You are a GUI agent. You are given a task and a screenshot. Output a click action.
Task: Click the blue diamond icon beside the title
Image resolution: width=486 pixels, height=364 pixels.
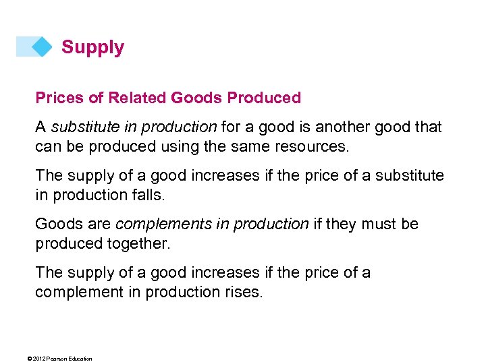pyautogui.click(x=43, y=47)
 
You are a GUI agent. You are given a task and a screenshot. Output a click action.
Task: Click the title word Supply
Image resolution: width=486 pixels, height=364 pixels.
pyautogui.click(x=92, y=47)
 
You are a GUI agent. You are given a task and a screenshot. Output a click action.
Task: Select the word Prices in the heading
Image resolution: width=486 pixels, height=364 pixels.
pyautogui.click(x=59, y=98)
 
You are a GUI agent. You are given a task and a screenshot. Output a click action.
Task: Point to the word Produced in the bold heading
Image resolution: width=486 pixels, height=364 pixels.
pyautogui.click(x=264, y=98)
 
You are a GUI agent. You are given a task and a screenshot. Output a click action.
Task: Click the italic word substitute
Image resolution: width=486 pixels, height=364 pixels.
pyautogui.click(x=84, y=127)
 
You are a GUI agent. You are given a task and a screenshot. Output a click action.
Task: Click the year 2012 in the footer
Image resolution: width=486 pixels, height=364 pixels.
pyautogui.click(x=39, y=359)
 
